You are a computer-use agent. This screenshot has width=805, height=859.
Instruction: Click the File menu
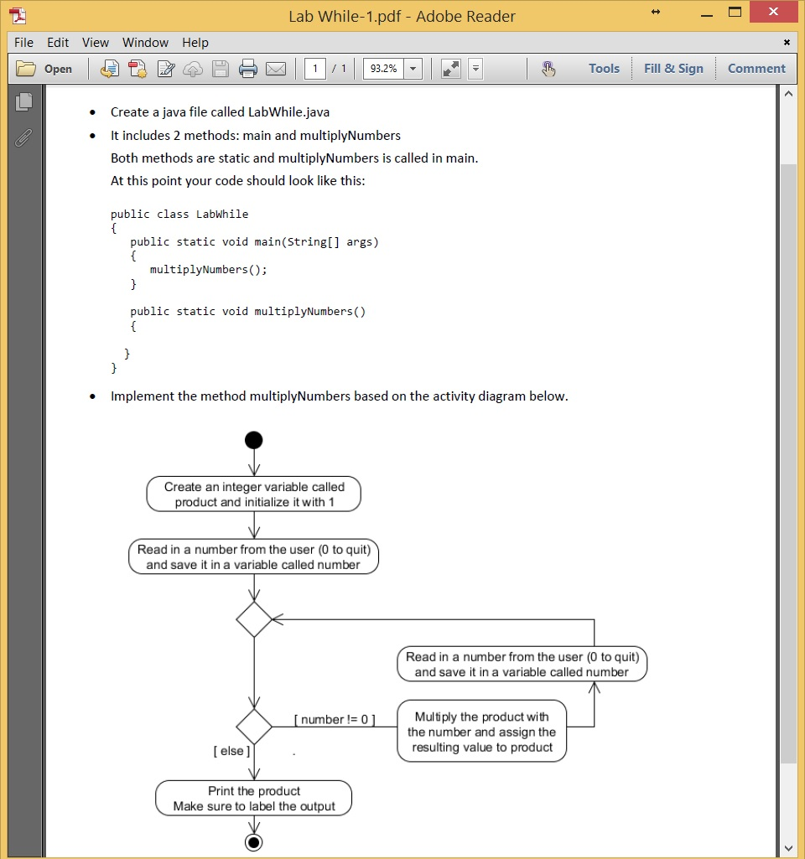click(23, 43)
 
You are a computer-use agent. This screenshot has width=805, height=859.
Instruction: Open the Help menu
click(195, 43)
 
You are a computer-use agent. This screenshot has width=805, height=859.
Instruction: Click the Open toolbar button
click(45, 69)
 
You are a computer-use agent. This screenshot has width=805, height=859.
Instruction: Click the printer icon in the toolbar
click(248, 69)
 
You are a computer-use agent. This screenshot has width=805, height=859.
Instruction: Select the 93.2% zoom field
click(384, 69)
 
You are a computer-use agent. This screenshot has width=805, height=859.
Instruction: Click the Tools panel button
click(604, 69)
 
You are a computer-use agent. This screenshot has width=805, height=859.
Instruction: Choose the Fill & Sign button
click(673, 69)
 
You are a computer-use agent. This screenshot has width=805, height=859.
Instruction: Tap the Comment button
click(756, 69)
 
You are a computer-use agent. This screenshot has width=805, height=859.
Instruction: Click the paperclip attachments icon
click(23, 138)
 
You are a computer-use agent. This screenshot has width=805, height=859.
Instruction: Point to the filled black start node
click(254, 441)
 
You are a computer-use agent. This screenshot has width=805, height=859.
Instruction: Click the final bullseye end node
click(253, 842)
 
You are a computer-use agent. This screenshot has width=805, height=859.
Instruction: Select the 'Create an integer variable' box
click(254, 494)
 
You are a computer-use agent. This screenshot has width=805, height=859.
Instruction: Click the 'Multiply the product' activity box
click(481, 732)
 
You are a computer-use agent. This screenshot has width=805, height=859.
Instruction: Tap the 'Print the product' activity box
click(254, 799)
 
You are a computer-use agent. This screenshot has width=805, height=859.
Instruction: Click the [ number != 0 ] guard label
click(335, 719)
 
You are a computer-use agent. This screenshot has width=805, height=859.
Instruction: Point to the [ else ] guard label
click(231, 751)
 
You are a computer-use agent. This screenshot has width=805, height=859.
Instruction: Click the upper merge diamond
click(254, 619)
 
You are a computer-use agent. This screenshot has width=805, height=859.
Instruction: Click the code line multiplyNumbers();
click(208, 270)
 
